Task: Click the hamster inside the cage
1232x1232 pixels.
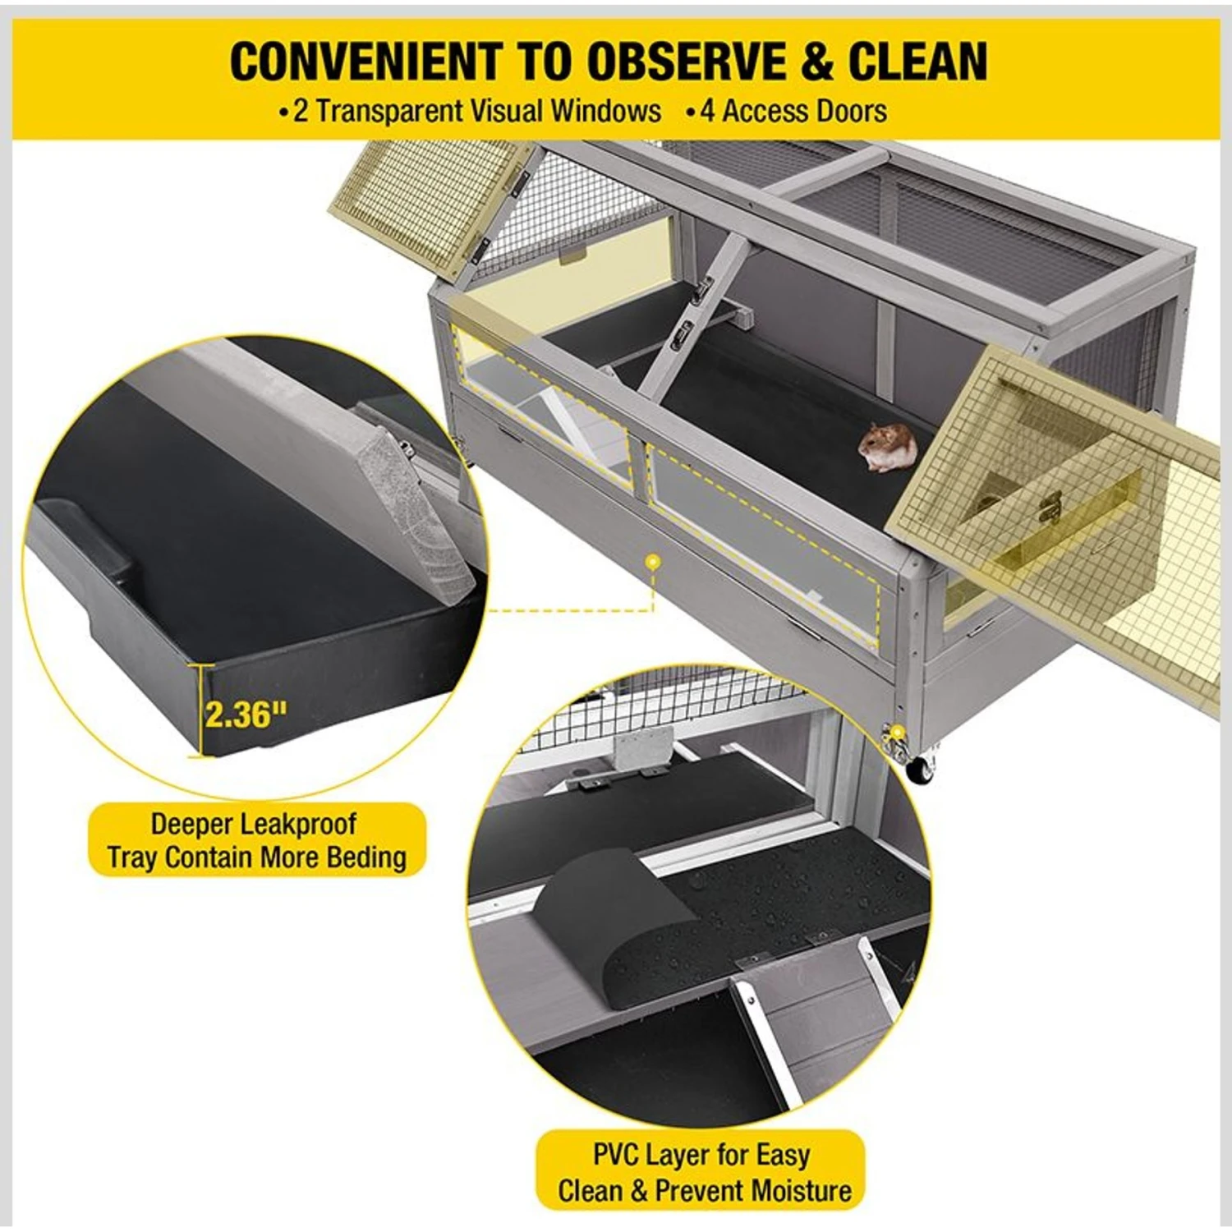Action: coord(887,447)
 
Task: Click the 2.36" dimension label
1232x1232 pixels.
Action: coord(246,713)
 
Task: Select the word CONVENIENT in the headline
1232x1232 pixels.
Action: coord(364,62)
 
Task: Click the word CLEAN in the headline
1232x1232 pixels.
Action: coord(917,62)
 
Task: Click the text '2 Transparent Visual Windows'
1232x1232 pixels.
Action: coord(476,111)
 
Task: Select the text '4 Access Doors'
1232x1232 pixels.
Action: coord(793,111)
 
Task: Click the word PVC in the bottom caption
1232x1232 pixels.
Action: coord(616,1155)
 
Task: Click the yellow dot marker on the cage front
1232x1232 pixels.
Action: coord(653,563)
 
